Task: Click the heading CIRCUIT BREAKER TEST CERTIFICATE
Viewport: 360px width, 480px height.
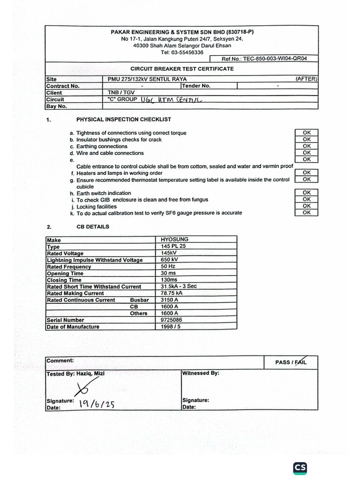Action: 182,69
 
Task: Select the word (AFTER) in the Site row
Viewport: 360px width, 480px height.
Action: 307,79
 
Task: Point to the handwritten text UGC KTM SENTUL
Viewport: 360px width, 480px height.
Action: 173,99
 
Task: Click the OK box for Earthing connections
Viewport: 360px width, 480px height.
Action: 307,146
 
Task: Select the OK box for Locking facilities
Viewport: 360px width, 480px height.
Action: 307,206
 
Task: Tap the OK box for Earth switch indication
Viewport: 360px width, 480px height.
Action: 307,193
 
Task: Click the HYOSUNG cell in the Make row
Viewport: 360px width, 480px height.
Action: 174,240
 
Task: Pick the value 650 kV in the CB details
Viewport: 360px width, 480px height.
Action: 169,260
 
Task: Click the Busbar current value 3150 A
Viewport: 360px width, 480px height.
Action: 170,300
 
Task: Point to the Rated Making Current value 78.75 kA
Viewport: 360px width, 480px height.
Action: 172,293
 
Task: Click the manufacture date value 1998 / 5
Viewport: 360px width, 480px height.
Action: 171,327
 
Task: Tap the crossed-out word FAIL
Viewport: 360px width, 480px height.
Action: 299,362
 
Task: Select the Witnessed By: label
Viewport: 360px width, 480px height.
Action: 201,374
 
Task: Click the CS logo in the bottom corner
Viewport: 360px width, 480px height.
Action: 300,467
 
